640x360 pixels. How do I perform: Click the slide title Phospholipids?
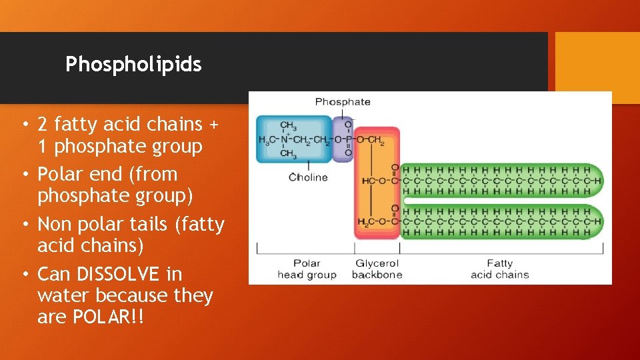point(133,65)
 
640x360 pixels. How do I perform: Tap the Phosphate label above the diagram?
point(342,102)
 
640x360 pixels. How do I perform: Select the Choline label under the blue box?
point(309,177)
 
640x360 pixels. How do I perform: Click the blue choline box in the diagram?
point(294,139)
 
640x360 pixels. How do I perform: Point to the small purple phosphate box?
point(343,139)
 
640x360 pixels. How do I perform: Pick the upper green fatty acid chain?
point(500,181)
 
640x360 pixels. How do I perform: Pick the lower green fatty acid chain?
point(500,222)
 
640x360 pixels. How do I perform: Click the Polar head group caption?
point(307,269)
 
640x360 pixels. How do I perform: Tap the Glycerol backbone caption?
point(377,269)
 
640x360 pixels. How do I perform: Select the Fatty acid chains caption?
point(499,269)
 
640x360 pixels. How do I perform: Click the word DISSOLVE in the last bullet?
point(119,274)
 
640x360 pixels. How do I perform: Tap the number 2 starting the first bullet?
point(43,124)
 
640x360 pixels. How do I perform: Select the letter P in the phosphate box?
point(347,139)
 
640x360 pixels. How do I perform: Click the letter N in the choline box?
point(283,139)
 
